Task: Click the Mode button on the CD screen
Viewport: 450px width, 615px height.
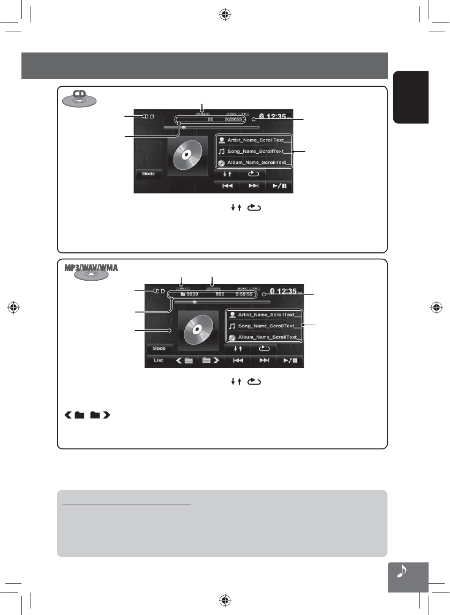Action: [x=148, y=174]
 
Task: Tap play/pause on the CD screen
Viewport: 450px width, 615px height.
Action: [x=279, y=186]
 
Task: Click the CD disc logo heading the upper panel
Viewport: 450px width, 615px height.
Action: [x=79, y=98]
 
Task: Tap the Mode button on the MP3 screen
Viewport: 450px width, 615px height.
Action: [x=159, y=348]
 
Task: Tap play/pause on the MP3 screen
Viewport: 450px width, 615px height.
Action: [x=290, y=361]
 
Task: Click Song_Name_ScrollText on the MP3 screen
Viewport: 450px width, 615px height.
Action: [x=266, y=326]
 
